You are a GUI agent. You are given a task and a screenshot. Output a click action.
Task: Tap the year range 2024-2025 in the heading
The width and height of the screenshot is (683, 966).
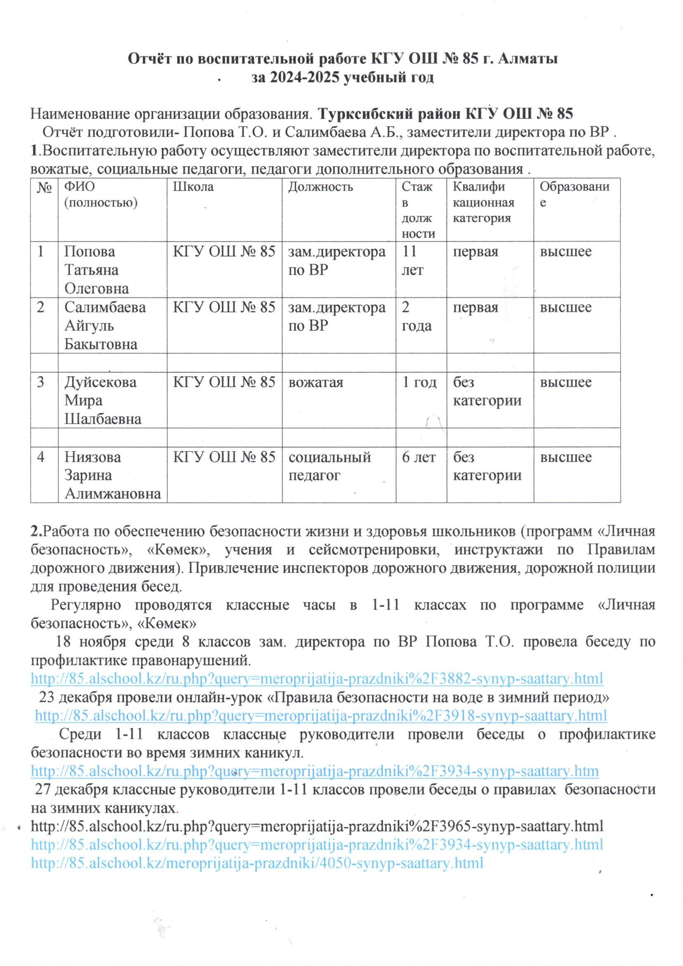click(x=295, y=78)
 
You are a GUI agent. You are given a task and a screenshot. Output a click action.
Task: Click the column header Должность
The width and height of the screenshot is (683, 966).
click(x=320, y=186)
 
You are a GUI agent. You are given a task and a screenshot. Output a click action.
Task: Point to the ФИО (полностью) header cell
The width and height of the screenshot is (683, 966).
click(x=100, y=194)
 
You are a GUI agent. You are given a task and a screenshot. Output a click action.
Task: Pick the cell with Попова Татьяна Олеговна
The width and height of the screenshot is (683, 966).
click(x=96, y=270)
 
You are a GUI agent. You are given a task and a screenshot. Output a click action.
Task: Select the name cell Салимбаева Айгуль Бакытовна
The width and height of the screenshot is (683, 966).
click(x=105, y=326)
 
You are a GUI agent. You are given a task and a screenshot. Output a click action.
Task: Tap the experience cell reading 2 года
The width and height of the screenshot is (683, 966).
click(x=416, y=317)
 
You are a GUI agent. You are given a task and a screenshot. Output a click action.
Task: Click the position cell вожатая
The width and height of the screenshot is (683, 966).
click(x=315, y=382)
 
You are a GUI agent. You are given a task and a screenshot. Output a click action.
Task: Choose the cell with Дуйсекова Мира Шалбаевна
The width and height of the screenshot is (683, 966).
click(x=100, y=400)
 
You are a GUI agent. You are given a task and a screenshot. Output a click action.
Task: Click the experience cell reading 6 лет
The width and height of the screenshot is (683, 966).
click(x=418, y=457)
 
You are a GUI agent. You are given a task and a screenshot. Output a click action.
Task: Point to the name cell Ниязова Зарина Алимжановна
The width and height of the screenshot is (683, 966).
click(x=112, y=476)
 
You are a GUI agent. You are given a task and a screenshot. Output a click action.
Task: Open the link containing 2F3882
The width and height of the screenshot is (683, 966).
click(x=317, y=678)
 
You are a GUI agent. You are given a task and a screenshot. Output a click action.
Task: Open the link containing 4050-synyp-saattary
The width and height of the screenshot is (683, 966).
click(x=257, y=863)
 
